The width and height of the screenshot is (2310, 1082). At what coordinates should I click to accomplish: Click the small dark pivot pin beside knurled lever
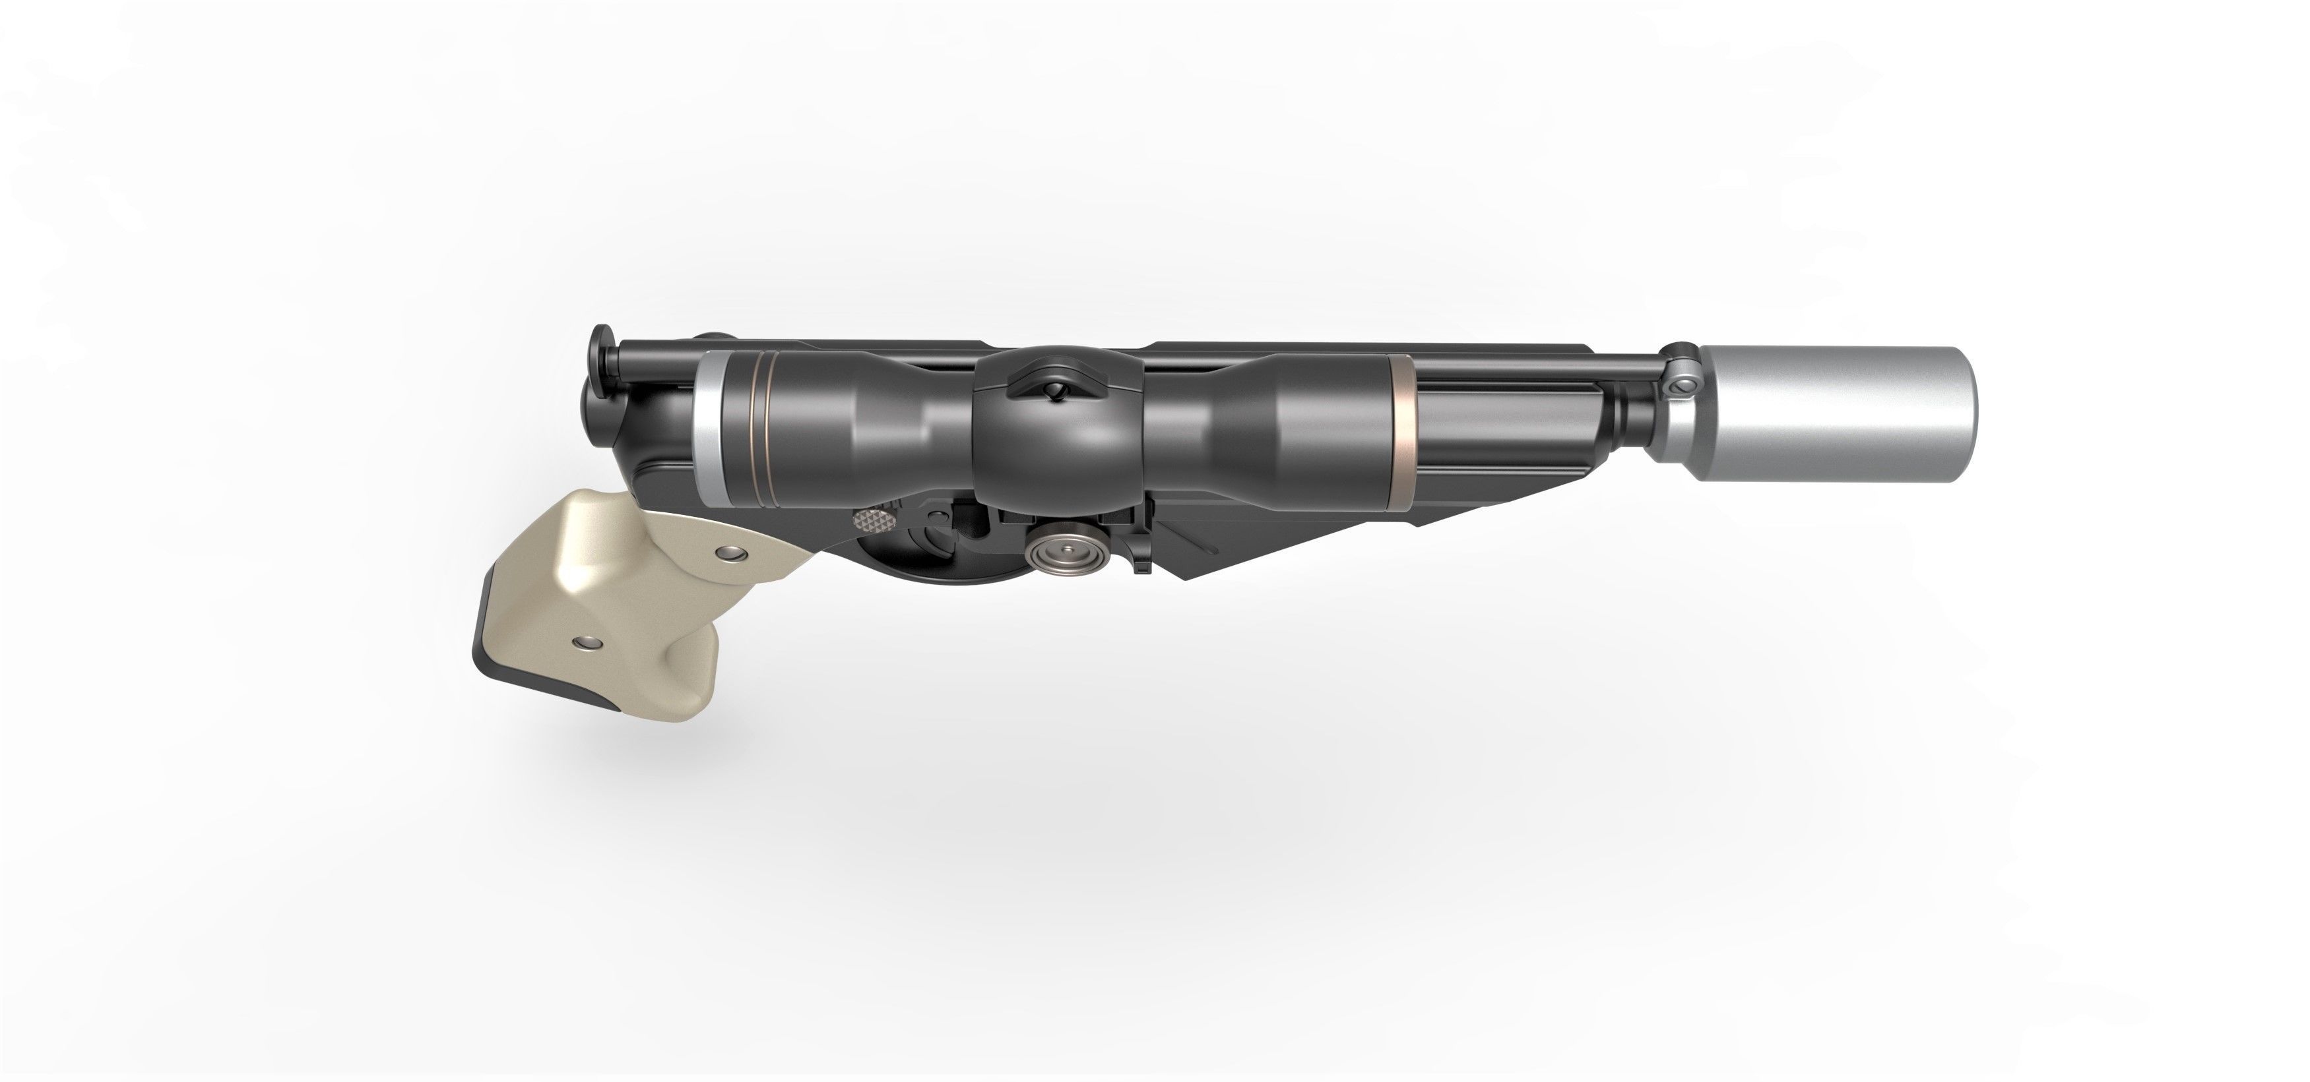point(937,516)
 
